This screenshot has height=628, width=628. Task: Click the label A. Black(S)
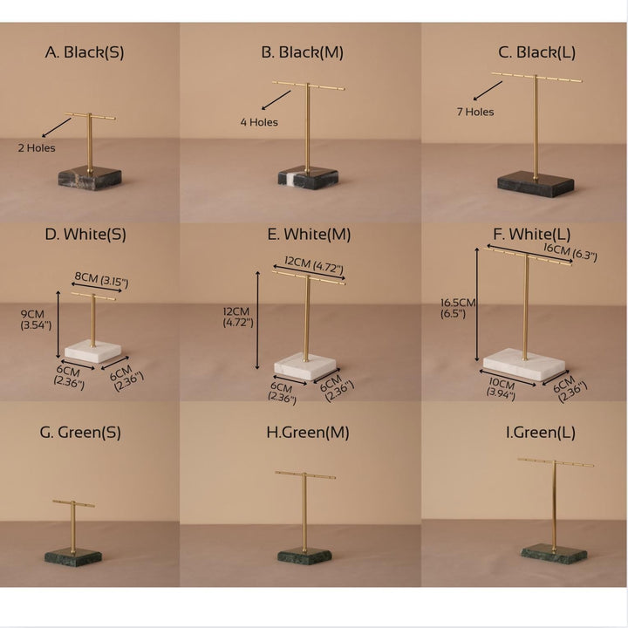(85, 52)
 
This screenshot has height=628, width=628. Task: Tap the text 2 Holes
(37, 148)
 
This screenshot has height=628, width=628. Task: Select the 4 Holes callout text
(259, 122)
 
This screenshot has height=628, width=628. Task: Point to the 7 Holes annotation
(475, 112)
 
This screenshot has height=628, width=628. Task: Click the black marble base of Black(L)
(536, 184)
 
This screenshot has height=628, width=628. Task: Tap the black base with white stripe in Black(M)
(308, 176)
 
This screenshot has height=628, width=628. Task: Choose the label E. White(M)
(309, 235)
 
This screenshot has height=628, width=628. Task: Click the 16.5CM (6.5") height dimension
(458, 308)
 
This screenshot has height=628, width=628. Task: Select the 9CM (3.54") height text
(36, 319)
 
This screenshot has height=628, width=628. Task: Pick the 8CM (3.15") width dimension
(102, 280)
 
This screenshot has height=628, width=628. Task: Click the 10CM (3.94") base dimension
(501, 389)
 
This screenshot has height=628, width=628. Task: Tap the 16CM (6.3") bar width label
(570, 252)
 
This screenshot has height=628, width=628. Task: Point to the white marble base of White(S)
(93, 352)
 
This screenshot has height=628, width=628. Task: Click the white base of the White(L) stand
(524, 364)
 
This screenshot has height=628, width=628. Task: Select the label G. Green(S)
(80, 433)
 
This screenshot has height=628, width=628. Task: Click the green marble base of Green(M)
(304, 556)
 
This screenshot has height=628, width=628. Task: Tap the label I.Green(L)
(541, 433)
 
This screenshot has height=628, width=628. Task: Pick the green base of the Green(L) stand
(554, 554)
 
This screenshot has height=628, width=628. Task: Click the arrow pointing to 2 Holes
(57, 127)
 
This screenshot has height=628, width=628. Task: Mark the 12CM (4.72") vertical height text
(238, 317)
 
